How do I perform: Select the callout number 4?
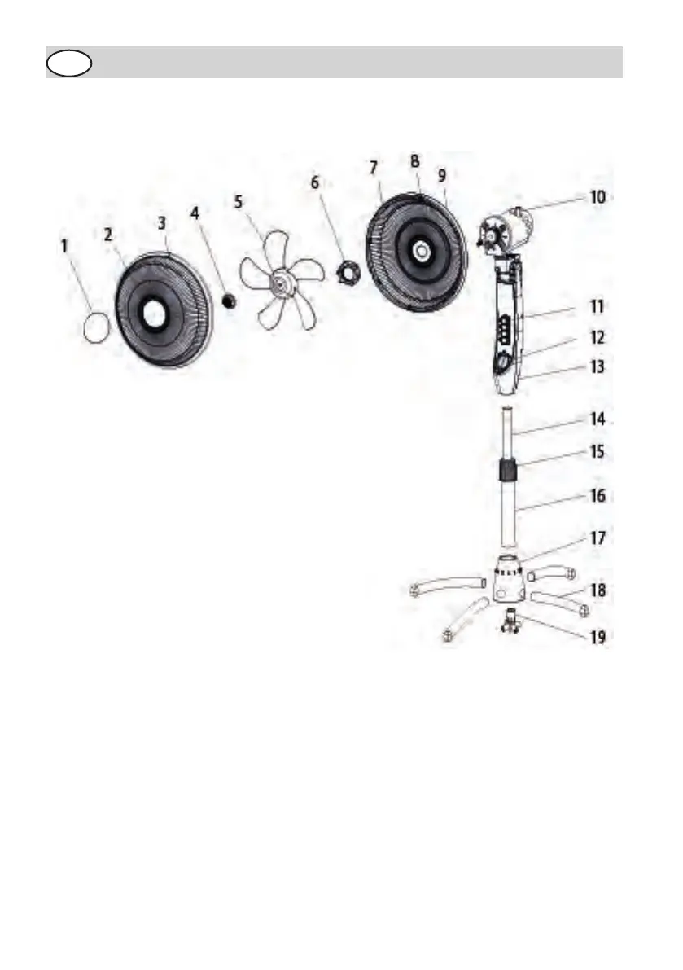(x=194, y=213)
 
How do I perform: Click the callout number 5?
(x=239, y=201)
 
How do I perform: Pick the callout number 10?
(x=598, y=197)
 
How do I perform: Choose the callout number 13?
(x=598, y=367)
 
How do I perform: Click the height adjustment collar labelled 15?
(x=509, y=470)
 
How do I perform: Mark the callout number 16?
(x=598, y=496)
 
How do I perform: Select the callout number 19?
(x=598, y=637)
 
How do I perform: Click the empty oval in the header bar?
(x=69, y=63)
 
